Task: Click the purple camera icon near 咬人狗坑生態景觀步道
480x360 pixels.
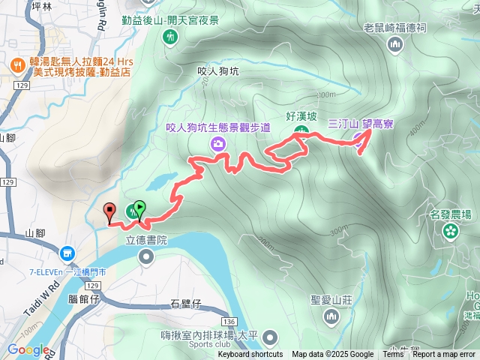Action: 218,143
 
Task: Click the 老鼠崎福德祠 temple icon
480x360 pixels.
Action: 395,45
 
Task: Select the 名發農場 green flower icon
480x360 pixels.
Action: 450,230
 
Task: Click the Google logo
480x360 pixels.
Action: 28,349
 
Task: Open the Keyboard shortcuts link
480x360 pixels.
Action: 250,355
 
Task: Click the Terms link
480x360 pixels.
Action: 393,355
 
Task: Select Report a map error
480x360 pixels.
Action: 445,355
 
